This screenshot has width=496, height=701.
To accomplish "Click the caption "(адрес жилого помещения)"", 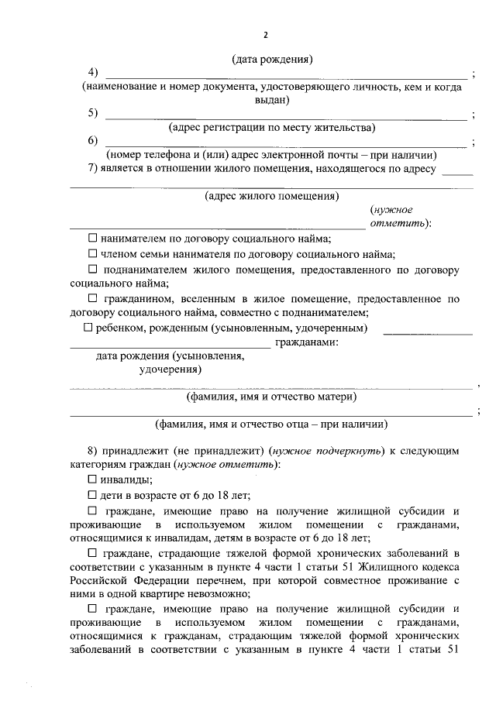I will tap(271, 196).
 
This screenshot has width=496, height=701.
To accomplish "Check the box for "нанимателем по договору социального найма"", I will tap(93, 239).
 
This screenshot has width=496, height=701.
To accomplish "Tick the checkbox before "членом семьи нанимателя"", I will tap(93, 254).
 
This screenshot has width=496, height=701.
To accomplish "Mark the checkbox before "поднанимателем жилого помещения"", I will tap(93, 270).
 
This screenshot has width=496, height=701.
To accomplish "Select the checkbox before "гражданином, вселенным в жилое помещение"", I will tap(93, 298).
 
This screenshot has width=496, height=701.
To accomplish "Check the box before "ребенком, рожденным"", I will tap(88, 328).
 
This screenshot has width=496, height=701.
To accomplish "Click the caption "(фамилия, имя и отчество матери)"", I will tap(271, 397).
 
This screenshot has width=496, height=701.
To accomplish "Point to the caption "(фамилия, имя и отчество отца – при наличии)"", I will tap(271, 424).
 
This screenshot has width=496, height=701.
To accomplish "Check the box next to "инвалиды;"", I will tap(93, 480).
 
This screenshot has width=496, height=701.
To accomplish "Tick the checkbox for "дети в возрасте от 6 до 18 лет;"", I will tap(93, 496).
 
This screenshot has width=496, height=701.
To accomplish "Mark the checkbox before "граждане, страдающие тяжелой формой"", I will tap(93, 552).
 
